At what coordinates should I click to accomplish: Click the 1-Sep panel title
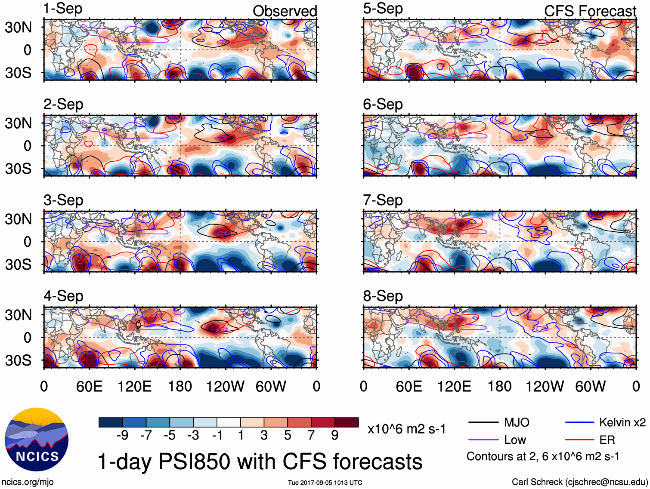point(63,9)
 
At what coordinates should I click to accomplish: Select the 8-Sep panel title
point(383,296)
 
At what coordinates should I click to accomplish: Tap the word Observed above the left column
point(285,11)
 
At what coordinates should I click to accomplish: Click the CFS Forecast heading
point(590,11)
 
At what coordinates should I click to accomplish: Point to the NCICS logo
point(37,439)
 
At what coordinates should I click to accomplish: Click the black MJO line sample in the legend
point(483,422)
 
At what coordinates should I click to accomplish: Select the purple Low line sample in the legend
point(483,440)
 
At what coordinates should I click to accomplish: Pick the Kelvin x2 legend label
point(622,422)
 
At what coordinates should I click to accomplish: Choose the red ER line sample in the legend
point(579,440)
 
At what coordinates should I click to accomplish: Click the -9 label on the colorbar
point(122,435)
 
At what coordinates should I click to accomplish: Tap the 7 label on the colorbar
point(311,435)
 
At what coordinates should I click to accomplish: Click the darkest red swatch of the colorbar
point(347,422)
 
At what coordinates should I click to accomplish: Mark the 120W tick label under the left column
point(225,386)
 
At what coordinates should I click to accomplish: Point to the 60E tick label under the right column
point(409,386)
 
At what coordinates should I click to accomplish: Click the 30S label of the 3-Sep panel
point(18,264)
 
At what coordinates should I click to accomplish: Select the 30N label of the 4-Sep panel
point(18,315)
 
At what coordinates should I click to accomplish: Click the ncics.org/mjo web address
point(28,482)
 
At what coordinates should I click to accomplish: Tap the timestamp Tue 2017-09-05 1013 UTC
point(325,483)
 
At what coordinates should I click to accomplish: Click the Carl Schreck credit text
point(579,482)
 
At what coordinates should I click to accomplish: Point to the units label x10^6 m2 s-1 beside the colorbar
point(406,429)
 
